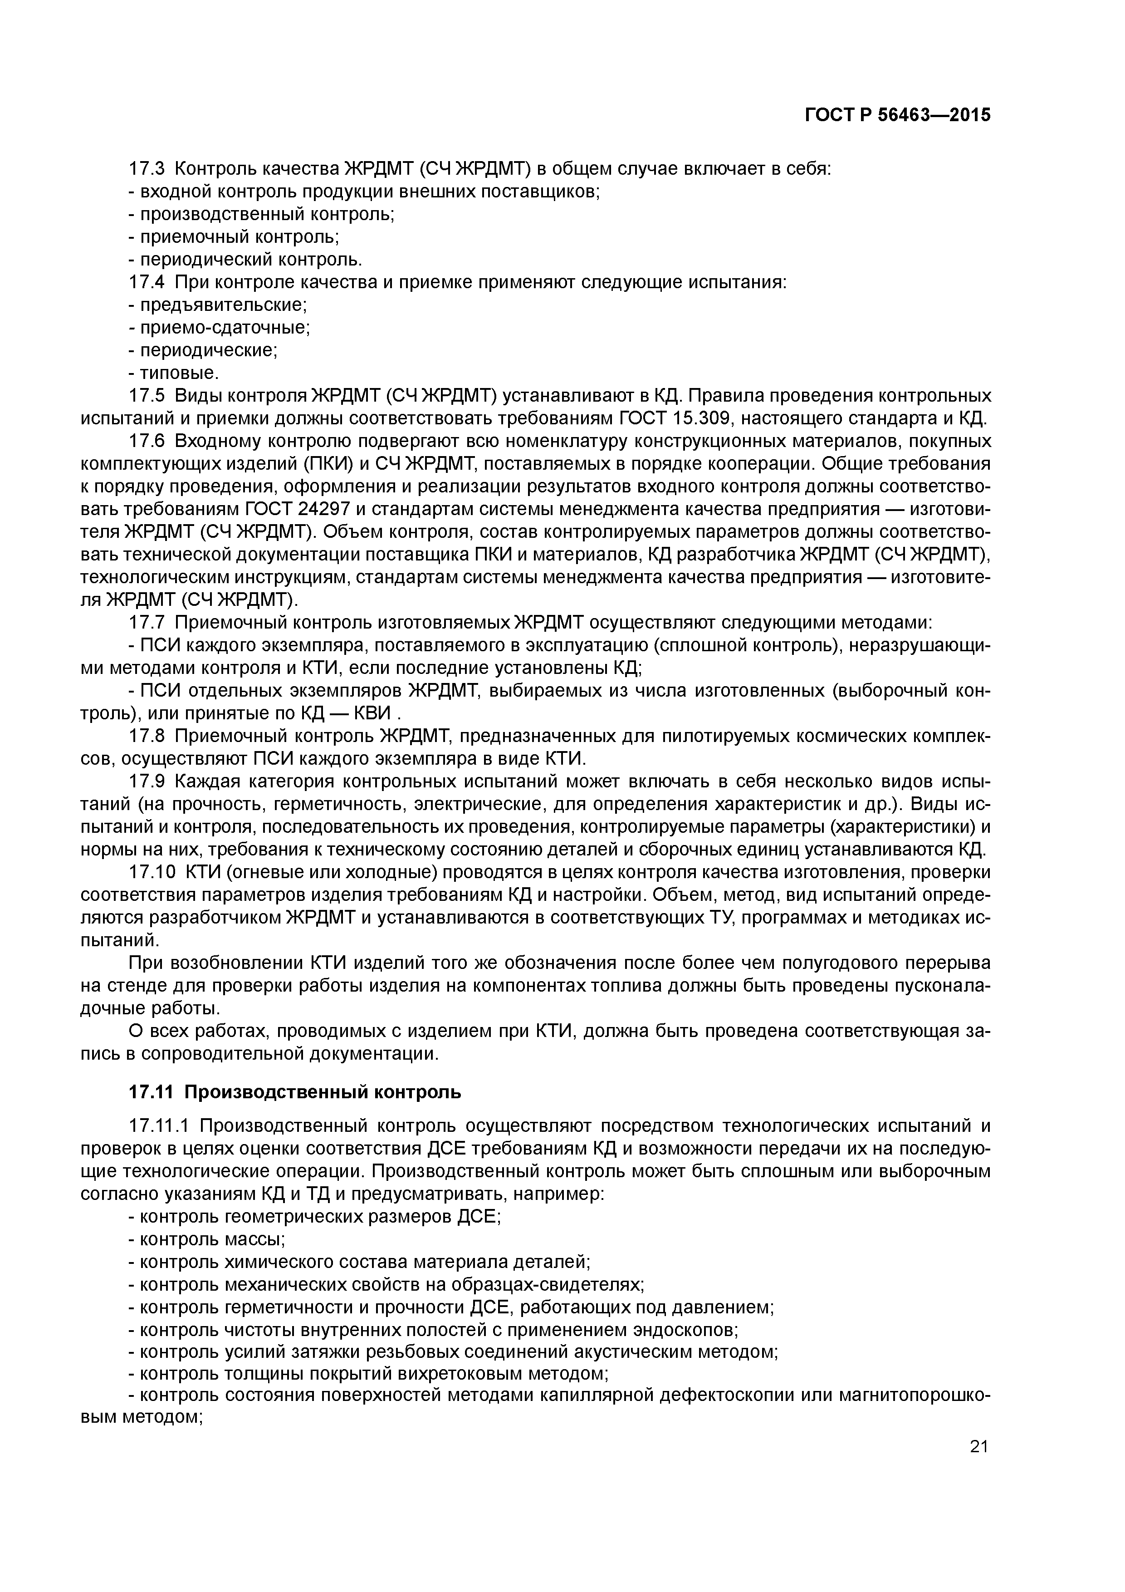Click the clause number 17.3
(147, 168)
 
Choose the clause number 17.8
(147, 735)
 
